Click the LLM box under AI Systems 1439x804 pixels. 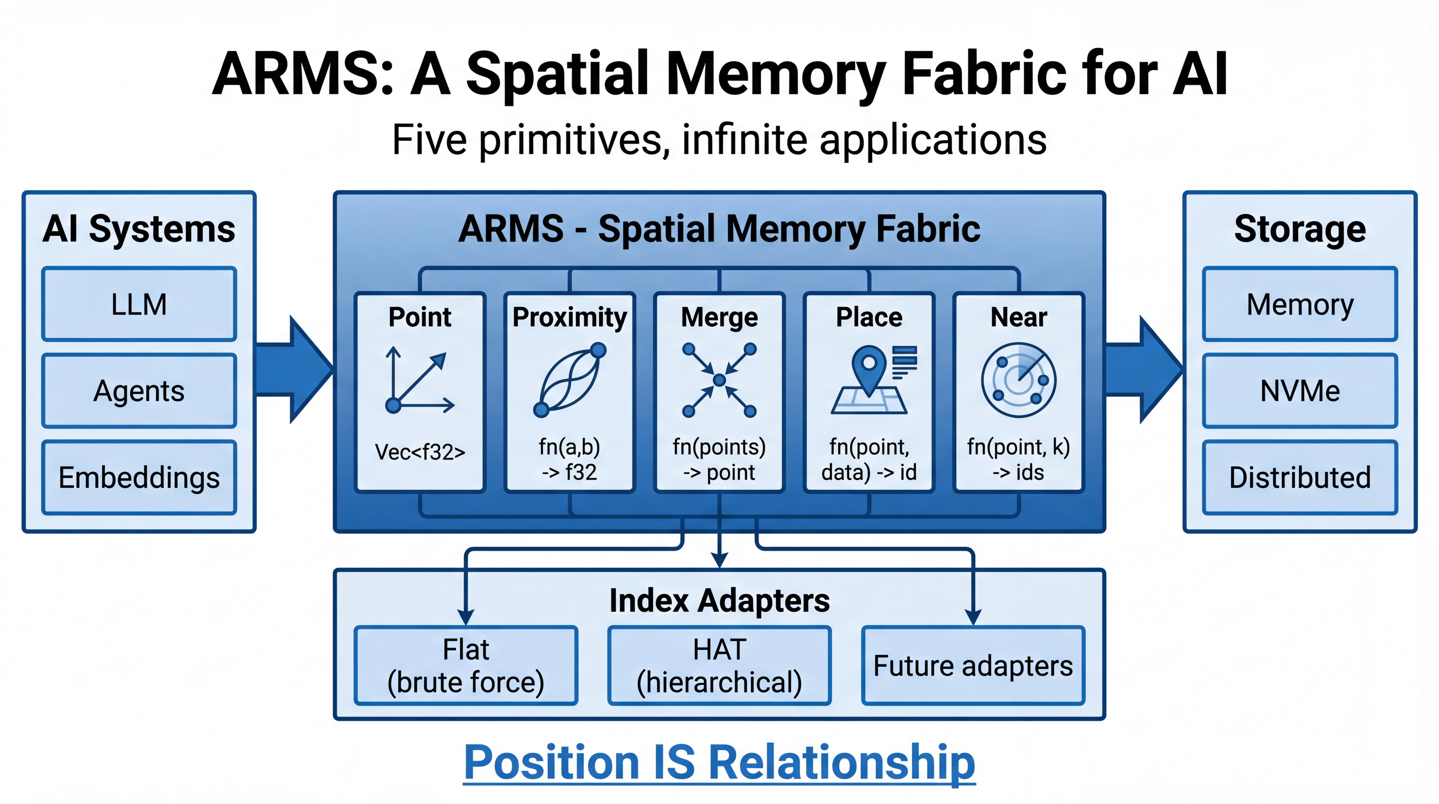pyautogui.click(x=139, y=304)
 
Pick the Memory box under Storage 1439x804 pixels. pyautogui.click(x=1300, y=304)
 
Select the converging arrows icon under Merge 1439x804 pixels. pyautogui.click(x=719, y=380)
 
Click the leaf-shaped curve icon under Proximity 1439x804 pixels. pyautogui.click(x=570, y=380)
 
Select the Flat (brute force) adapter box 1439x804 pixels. pyautogui.click(x=466, y=665)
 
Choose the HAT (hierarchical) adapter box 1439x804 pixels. pyautogui.click(x=719, y=665)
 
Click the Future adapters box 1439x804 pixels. pyautogui.click(x=973, y=665)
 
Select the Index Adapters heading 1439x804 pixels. pyautogui.click(x=719, y=600)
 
